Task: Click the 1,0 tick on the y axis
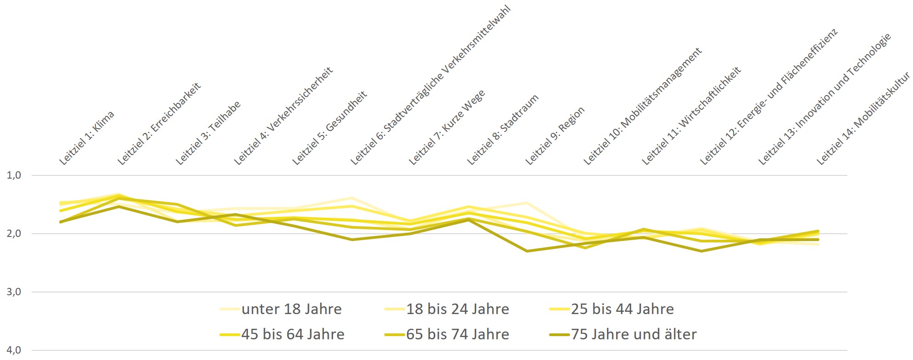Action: point(14,175)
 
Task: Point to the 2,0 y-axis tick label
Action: point(14,233)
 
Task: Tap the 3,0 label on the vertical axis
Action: point(14,292)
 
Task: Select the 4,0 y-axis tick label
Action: point(14,350)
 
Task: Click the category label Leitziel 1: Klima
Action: point(87,137)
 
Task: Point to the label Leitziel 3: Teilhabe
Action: point(208,133)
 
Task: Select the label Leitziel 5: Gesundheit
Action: point(330,128)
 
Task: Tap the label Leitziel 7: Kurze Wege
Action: point(447,127)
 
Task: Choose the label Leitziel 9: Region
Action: point(555,135)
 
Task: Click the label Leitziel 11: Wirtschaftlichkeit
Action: point(691,116)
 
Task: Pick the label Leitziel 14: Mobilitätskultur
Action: point(863,118)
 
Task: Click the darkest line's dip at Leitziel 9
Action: point(527,251)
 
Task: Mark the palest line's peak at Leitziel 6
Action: point(352,198)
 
